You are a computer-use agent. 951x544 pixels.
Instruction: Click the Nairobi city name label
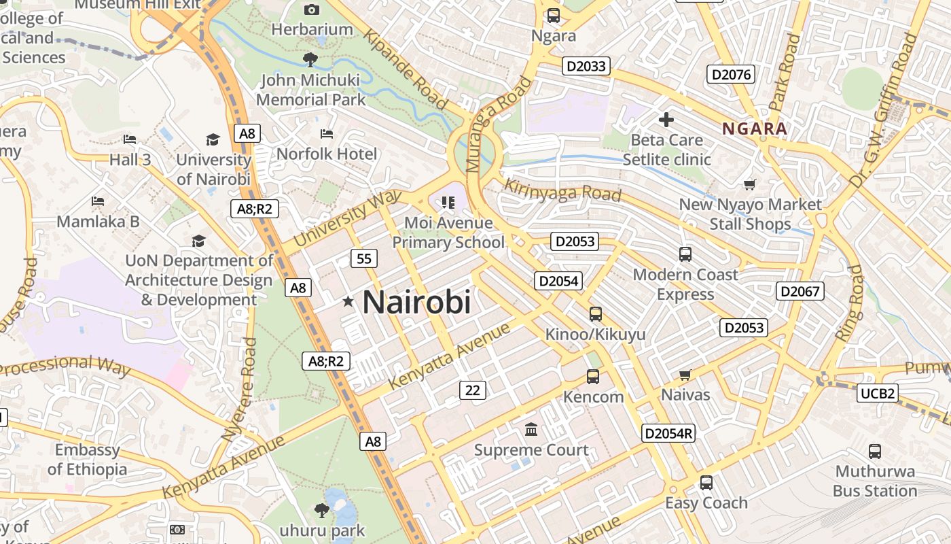tap(416, 302)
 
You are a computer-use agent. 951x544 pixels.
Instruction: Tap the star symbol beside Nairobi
tap(348, 301)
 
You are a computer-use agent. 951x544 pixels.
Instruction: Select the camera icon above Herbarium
tap(312, 10)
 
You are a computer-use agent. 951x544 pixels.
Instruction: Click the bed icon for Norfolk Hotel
tap(327, 133)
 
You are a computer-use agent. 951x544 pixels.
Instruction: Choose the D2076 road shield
tap(731, 74)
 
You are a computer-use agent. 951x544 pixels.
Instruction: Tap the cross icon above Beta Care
tap(666, 120)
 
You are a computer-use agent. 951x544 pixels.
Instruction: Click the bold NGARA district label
tap(755, 129)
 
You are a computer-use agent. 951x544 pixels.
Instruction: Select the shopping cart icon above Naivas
tap(685, 375)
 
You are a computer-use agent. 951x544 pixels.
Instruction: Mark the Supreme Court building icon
tap(531, 430)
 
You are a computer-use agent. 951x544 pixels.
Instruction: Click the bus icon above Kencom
tap(593, 377)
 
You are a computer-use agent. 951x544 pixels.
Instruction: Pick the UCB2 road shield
tap(878, 393)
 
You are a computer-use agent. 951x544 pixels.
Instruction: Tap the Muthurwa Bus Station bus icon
tap(875, 451)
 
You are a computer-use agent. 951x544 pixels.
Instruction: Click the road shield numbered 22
tap(473, 390)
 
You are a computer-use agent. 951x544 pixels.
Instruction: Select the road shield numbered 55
tap(364, 258)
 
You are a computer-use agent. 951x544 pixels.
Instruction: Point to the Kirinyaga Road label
tap(562, 190)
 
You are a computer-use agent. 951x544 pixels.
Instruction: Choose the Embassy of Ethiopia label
tap(87, 460)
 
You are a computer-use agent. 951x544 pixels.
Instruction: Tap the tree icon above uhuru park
tap(322, 509)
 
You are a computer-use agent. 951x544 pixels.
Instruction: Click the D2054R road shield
tap(668, 433)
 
